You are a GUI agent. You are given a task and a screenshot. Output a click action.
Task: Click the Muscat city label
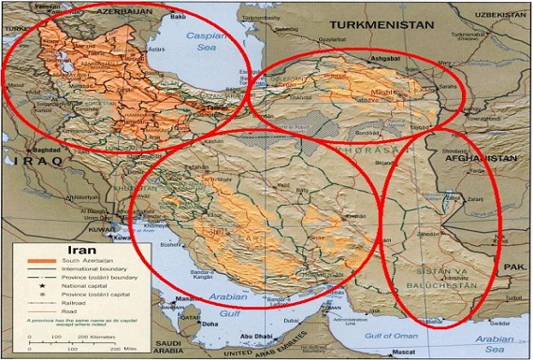pyautogui.click(x=402, y=353)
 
